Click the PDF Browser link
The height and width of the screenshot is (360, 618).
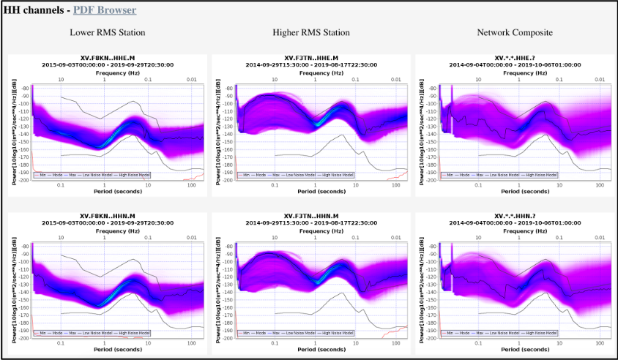click(x=105, y=10)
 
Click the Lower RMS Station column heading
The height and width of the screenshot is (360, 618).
click(x=107, y=33)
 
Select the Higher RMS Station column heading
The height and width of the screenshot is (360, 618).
click(x=310, y=33)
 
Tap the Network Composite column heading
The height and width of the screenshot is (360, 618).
click(x=514, y=33)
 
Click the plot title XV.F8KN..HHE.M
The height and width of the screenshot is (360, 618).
click(x=107, y=58)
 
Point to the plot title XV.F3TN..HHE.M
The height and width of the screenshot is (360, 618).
click(x=310, y=58)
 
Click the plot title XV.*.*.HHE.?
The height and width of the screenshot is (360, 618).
click(x=515, y=58)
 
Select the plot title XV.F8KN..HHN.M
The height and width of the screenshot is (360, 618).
click(x=107, y=216)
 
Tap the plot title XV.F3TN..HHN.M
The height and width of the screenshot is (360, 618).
click(x=310, y=216)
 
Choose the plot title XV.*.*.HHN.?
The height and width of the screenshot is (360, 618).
click(x=515, y=216)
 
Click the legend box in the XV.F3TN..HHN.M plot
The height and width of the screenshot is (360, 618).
click(x=298, y=334)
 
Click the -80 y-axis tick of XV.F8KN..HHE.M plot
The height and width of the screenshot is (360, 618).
click(x=24, y=88)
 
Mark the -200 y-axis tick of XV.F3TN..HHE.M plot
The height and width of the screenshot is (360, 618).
click(x=228, y=180)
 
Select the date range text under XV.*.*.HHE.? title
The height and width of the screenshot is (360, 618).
click(x=515, y=64)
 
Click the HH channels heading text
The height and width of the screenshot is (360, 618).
click(x=34, y=10)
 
